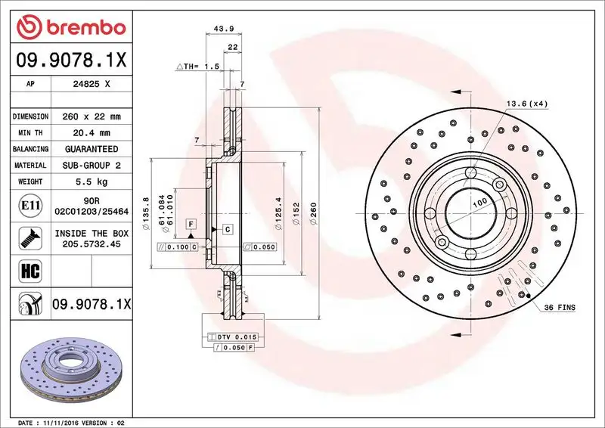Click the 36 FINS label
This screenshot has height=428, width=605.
point(560,308)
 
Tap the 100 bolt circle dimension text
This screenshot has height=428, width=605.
point(479,204)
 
